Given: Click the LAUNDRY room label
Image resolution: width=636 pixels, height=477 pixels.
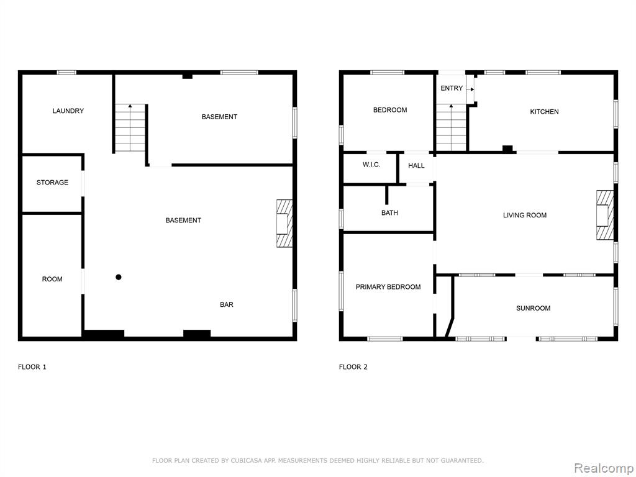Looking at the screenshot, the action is tap(68, 111).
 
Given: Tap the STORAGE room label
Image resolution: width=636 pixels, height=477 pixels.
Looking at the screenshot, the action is tap(52, 183).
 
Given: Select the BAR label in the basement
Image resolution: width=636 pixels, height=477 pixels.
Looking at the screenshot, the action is tap(227, 304).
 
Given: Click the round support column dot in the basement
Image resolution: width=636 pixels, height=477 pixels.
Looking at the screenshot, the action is tap(119, 278).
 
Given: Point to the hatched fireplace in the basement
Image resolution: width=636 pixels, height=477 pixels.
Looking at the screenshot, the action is tap(284, 223).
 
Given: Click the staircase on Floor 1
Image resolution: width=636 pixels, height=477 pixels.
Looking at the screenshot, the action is tap(130, 128).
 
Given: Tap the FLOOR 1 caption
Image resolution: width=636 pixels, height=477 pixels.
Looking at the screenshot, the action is tap(32, 367).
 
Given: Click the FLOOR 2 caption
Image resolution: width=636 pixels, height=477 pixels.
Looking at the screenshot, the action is tap(353, 367).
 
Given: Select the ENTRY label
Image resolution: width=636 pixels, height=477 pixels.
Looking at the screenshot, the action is tap(452, 88).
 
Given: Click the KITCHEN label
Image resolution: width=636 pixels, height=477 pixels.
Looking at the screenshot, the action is tap(544, 112).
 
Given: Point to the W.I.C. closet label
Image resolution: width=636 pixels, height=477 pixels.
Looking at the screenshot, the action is tap(371, 165).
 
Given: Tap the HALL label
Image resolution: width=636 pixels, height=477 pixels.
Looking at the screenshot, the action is tap(416, 165).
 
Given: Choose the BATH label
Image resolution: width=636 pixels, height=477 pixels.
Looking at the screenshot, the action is tap(389, 212).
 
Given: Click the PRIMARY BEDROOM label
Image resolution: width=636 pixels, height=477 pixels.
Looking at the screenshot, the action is tap(388, 287).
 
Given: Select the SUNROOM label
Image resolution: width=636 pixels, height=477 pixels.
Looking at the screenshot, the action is tap(533, 308).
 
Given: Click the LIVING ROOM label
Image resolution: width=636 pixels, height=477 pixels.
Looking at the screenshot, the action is tap(525, 216).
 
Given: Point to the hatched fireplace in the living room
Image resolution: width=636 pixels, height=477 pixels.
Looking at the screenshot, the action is tap(605, 215).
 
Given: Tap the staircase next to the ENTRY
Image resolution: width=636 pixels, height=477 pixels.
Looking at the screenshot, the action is tap(451, 127).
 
